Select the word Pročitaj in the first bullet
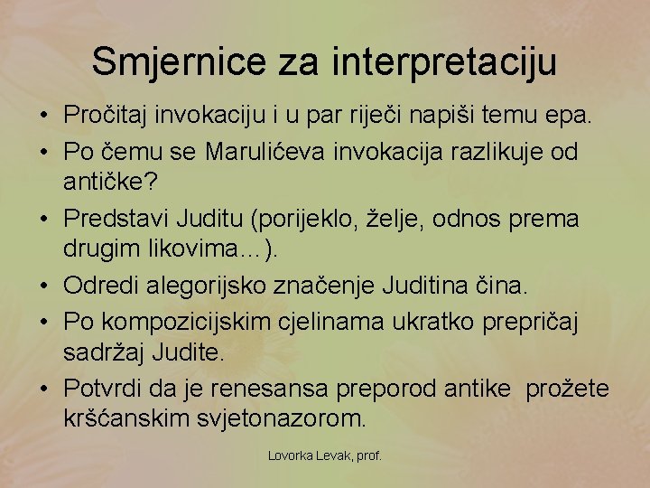106,115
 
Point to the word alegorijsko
210,286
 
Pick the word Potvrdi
101,389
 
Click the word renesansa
270,389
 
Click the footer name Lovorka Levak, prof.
325,455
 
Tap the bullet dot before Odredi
43,286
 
